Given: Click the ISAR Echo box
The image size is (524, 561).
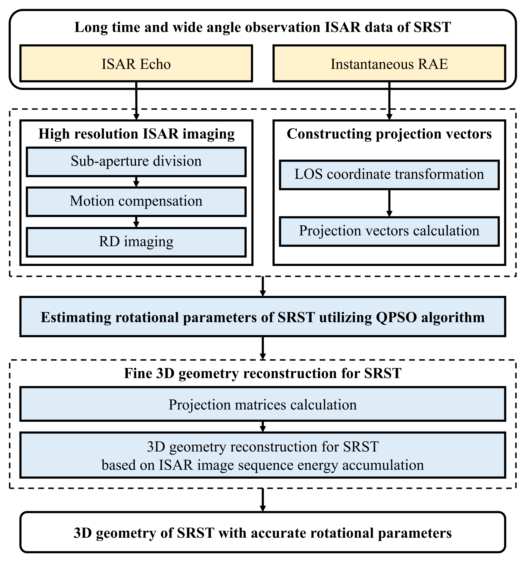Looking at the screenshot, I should click(x=136, y=64).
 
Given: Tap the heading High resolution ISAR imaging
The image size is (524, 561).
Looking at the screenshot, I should click(x=136, y=134).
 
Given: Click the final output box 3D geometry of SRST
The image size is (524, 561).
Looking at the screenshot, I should click(x=262, y=532).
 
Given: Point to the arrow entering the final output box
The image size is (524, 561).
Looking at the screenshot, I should click(x=262, y=500).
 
